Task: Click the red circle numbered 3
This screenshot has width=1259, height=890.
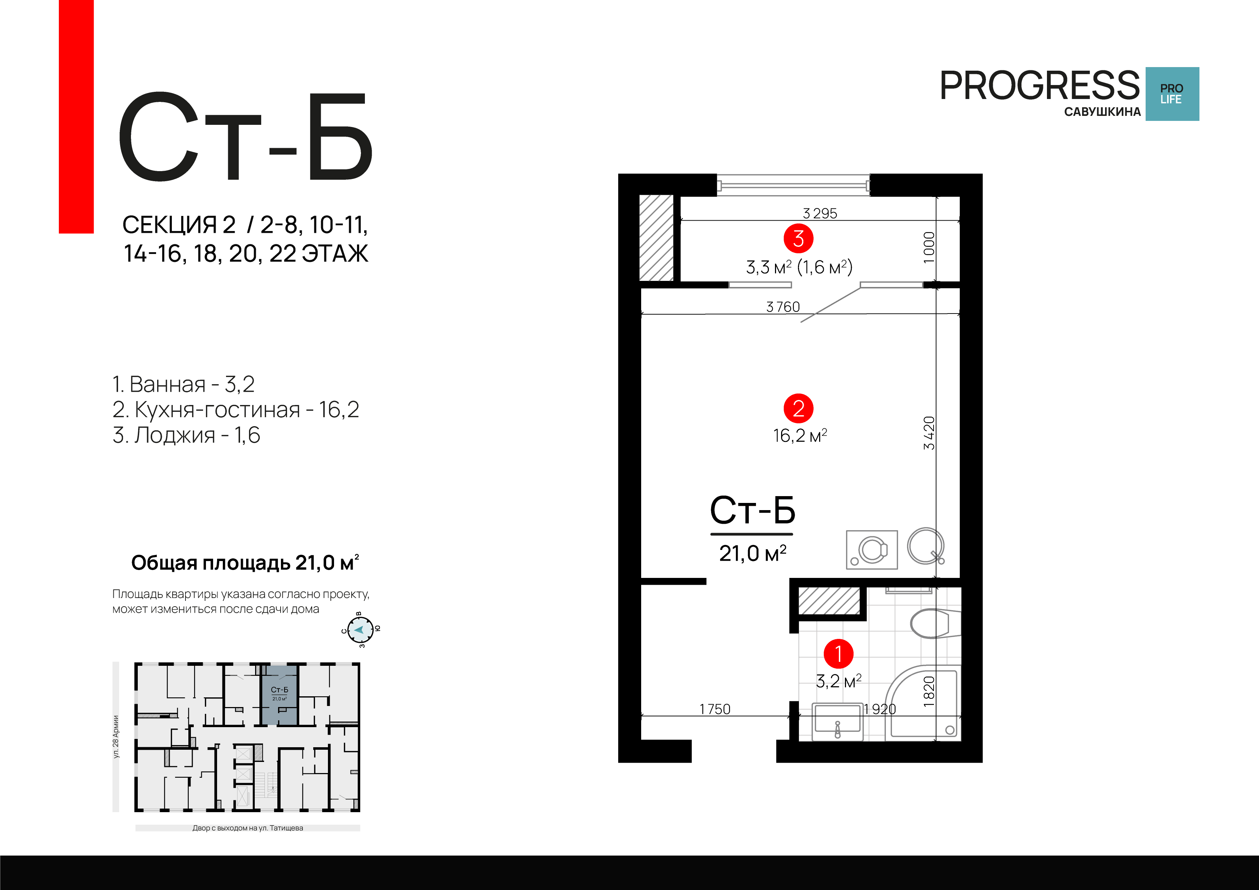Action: [x=798, y=239]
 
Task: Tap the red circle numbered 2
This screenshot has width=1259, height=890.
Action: [x=798, y=409]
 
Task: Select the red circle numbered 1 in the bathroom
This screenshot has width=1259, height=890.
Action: [x=838, y=654]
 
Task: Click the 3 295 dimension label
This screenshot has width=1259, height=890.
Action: [x=820, y=213]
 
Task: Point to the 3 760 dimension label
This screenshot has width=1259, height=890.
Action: [x=783, y=307]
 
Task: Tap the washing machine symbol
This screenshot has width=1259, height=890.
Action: [x=872, y=550]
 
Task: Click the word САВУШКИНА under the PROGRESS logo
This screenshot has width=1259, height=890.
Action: [x=1102, y=112]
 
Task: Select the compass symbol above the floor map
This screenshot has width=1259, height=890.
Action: [x=360, y=630]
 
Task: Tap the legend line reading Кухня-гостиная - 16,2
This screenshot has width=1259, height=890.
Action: [x=236, y=410]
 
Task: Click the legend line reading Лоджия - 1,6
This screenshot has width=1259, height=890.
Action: [x=187, y=435]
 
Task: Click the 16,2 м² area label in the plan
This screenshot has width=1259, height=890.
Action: [x=799, y=436]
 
